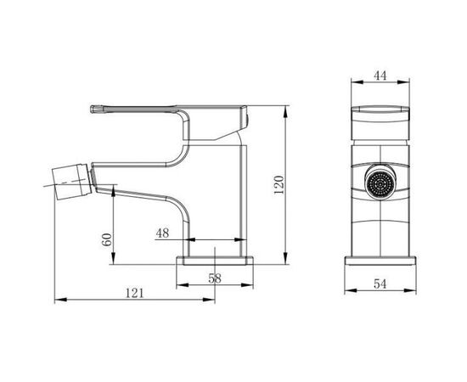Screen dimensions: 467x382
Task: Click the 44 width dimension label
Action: (x=380, y=76)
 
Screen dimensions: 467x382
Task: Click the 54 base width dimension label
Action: (x=380, y=284)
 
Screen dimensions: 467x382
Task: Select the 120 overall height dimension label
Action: (x=279, y=185)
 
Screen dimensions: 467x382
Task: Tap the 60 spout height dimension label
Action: (x=107, y=239)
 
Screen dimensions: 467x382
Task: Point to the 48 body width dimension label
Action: (x=163, y=233)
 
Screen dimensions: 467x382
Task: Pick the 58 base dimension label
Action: (x=215, y=278)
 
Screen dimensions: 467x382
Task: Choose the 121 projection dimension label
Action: (x=135, y=293)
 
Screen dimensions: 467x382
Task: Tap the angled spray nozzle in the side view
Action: (x=71, y=181)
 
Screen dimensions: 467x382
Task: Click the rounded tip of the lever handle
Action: (x=93, y=110)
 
